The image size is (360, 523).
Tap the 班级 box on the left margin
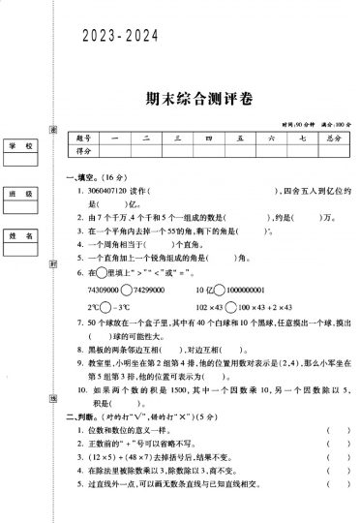(21, 194)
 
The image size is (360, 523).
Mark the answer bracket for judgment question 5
(331, 479)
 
